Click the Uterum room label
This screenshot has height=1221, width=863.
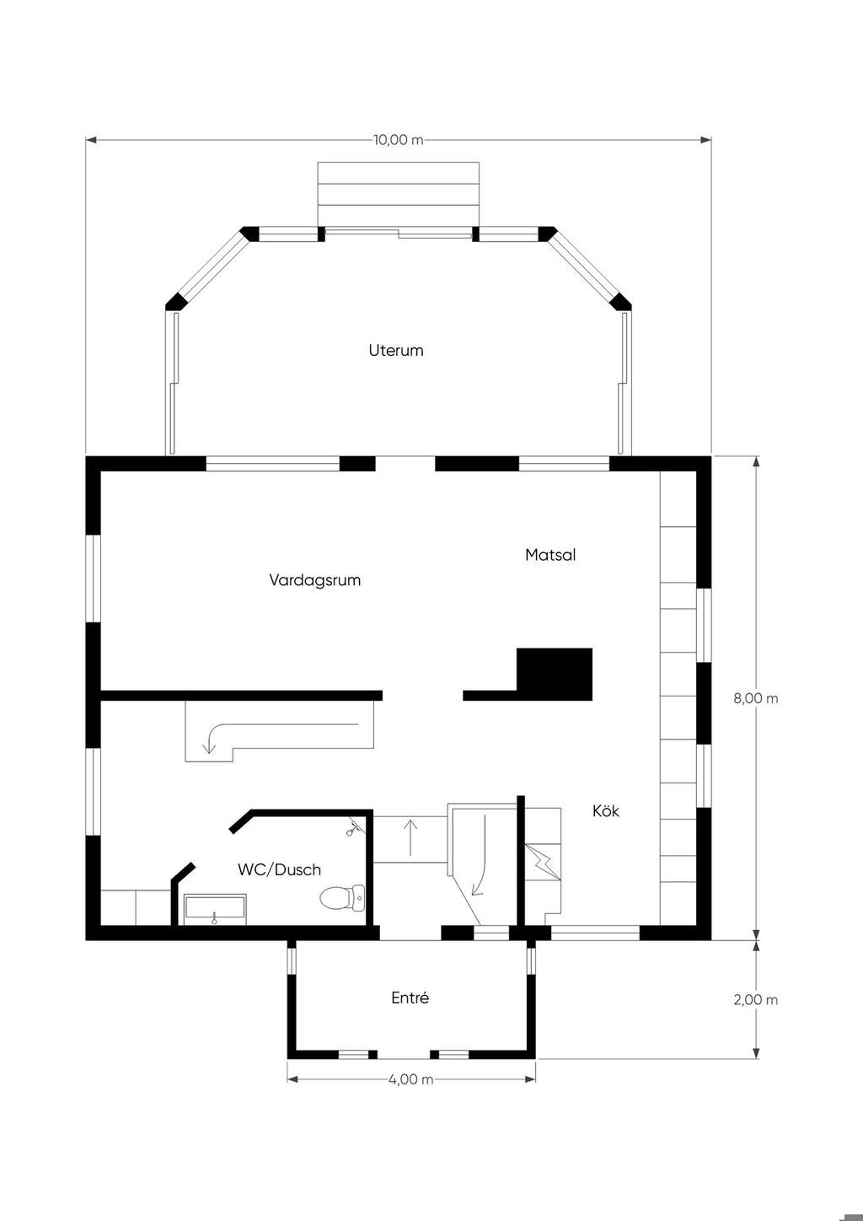pos(396,350)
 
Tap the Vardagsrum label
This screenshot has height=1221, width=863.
pos(315,580)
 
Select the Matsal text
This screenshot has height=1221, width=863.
pos(550,555)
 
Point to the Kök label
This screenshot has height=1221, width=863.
pos(606,811)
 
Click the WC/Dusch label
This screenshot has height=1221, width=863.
pos(280,869)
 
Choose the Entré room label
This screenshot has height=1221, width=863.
pos(410,998)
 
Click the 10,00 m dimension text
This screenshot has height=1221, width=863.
pos(399,140)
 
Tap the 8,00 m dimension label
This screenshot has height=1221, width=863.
pos(756,698)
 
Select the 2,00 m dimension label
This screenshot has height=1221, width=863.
pos(756,1000)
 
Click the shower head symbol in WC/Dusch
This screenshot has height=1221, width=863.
pos(354,828)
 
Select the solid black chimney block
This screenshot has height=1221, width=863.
pos(554,674)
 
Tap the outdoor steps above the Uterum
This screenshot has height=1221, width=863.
pos(399,194)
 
